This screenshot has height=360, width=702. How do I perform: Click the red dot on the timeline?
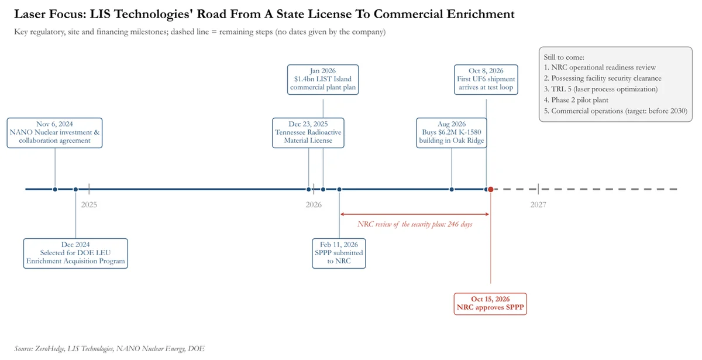pyautogui.click(x=491, y=190)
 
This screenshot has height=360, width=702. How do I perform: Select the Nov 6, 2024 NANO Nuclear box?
pyautogui.click(x=54, y=133)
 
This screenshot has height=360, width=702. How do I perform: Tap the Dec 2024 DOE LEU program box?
pyautogui.click(x=75, y=253)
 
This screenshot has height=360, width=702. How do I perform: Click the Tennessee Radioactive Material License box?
pyautogui.click(x=308, y=133)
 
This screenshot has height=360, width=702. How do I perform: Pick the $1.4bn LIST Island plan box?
pyautogui.click(x=323, y=80)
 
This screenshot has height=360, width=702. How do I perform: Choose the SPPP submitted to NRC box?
pyautogui.click(x=339, y=253)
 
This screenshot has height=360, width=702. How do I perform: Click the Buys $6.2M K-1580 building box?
pyautogui.click(x=451, y=133)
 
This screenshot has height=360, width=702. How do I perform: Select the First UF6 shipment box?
pyautogui.click(x=486, y=80)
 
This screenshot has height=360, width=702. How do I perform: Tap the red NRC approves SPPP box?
pyautogui.click(x=490, y=304)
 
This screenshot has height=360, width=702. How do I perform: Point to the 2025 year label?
pyautogui.click(x=89, y=205)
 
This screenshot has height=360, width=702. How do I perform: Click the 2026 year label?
pyautogui.click(x=314, y=205)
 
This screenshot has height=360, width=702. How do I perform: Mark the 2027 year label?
pyautogui.click(x=538, y=205)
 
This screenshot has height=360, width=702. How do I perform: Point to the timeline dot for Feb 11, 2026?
pyautogui.click(x=339, y=190)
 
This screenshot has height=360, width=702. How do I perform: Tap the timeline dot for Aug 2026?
pyautogui.click(x=452, y=190)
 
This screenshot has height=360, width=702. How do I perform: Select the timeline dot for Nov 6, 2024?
pyautogui.click(x=55, y=190)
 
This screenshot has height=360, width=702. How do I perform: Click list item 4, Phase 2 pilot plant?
pyautogui.click(x=576, y=100)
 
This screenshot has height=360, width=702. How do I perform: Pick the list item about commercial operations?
pyautogui.click(x=615, y=111)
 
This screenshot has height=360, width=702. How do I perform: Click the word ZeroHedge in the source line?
pyautogui.click(x=50, y=349)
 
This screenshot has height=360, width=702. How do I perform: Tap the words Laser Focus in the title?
pyautogui.click(x=50, y=14)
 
